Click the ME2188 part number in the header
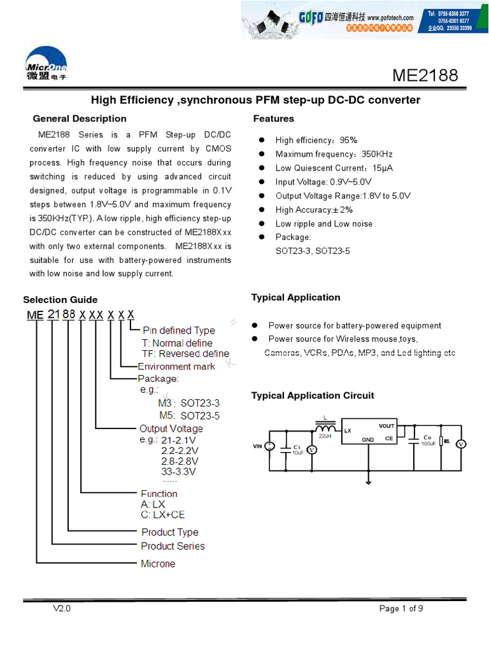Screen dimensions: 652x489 click(x=425, y=75)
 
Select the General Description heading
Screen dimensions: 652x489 click(x=80, y=118)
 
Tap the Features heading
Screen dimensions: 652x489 click(x=274, y=118)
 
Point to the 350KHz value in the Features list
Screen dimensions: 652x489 click(x=377, y=154)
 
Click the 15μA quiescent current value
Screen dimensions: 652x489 click(x=383, y=168)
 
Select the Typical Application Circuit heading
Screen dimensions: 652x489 click(x=313, y=395)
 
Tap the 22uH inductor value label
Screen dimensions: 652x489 click(x=325, y=436)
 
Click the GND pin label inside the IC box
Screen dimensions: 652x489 click(x=368, y=439)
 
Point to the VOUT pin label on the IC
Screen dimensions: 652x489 click(x=386, y=426)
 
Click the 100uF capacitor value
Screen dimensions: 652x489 click(x=427, y=443)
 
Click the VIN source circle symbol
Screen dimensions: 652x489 click(x=269, y=447)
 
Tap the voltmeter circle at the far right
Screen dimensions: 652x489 click(x=464, y=444)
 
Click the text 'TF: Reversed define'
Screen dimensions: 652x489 click(x=185, y=354)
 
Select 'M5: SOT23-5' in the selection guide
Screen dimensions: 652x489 click(x=189, y=416)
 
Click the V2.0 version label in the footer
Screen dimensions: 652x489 click(x=62, y=609)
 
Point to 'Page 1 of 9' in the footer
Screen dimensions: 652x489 click(x=401, y=609)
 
